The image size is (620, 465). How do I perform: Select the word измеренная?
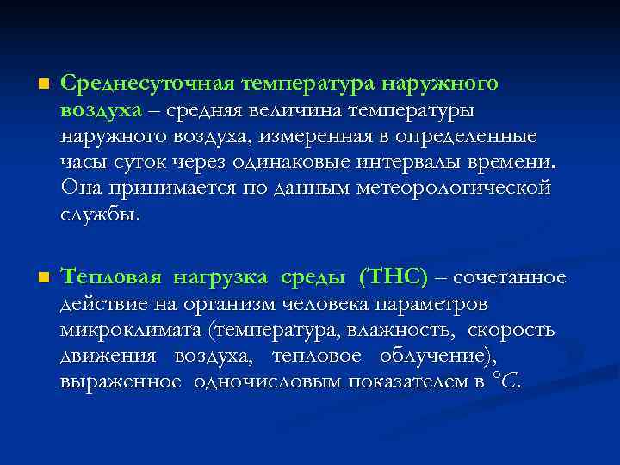tap(332, 137)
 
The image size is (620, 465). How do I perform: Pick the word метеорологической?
tap(454, 189)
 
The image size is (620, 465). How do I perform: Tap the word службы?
tap(98, 215)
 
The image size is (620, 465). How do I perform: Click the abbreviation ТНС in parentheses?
tap(395, 276)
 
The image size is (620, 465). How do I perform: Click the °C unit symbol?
tap(503, 381)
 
